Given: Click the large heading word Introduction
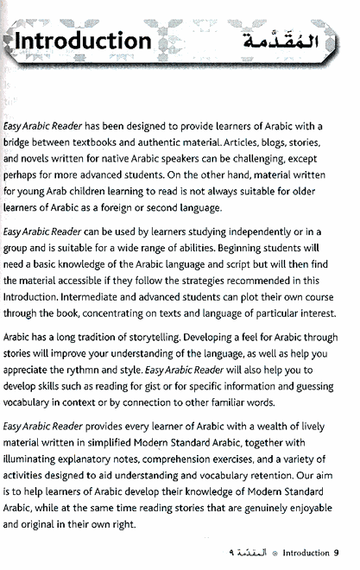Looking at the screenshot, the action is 83,41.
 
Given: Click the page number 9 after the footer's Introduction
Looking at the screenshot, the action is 337,553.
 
